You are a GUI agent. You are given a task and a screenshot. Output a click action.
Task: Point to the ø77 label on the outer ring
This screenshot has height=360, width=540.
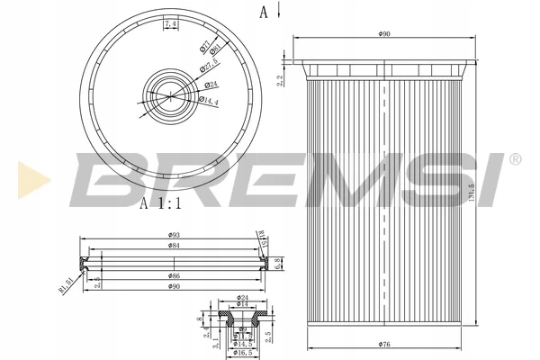point(206,42)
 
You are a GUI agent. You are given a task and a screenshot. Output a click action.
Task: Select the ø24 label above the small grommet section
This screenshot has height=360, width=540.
point(242,298)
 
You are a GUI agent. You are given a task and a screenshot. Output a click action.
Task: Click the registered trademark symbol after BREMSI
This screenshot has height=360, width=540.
point(515,160)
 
